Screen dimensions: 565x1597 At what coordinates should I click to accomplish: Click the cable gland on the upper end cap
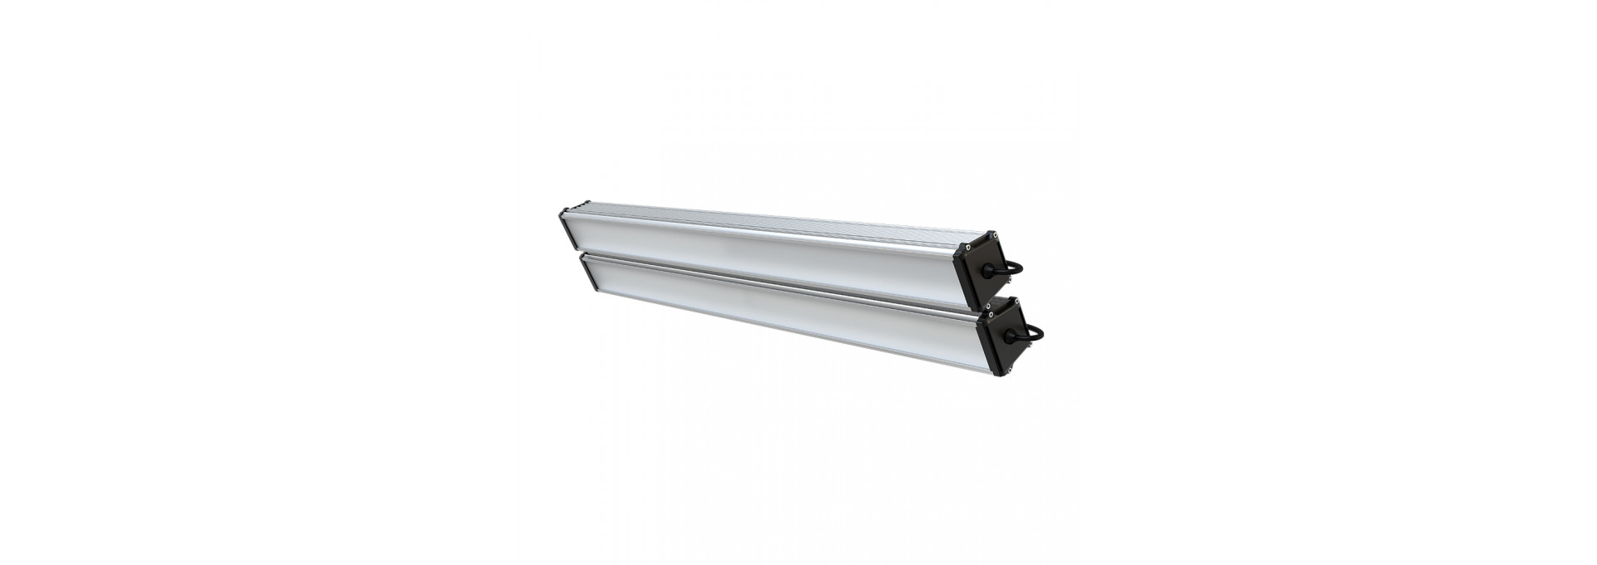coord(988,271)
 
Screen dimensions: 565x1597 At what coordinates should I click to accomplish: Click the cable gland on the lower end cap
coord(1010,336)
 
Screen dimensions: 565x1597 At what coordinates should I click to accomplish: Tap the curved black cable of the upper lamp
coord(1018,266)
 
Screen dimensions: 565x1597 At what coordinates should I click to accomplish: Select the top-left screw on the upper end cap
coord(968,247)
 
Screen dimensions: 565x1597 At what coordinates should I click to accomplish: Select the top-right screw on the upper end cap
coord(996,235)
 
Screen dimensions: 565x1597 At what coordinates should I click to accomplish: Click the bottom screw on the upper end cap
coord(988,306)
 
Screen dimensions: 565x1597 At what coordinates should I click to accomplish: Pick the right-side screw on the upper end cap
coord(1010,279)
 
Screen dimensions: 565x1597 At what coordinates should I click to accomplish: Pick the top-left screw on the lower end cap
coord(991,314)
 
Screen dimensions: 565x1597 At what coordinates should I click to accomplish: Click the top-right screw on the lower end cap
coord(1017,302)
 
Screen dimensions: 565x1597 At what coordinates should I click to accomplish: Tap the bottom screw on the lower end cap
coord(1010,370)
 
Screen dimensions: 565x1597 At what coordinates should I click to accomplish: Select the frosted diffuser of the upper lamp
coord(749,249)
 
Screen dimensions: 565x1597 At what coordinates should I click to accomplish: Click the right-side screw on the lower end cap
coord(1031,343)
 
